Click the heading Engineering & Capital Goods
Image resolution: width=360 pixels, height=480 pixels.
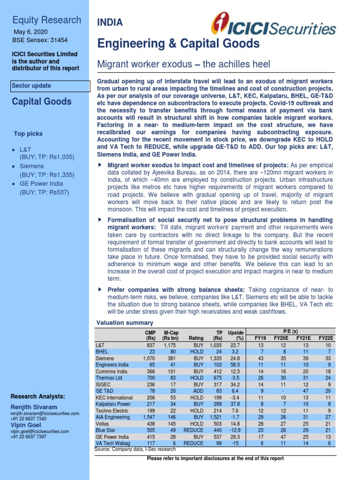(178, 44)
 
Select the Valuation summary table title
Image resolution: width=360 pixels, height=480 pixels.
(125, 322)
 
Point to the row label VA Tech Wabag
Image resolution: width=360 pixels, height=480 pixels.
(112, 443)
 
